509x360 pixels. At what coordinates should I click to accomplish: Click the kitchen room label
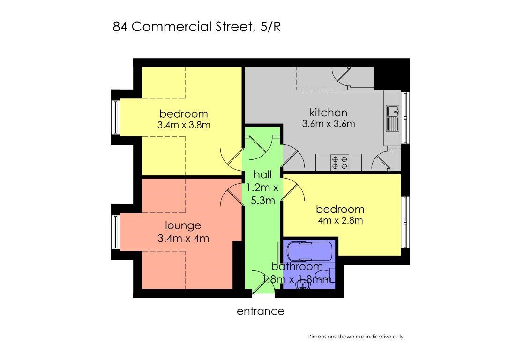click(x=329, y=112)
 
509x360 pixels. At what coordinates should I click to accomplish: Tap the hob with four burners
click(x=339, y=163)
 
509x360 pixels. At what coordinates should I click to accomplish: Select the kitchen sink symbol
click(x=393, y=119)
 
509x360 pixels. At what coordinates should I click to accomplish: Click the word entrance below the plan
click(x=261, y=311)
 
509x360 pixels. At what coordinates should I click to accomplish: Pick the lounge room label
click(x=183, y=225)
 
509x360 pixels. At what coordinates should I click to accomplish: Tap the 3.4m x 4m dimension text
click(x=183, y=238)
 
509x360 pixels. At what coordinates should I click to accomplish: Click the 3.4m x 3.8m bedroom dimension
click(x=184, y=125)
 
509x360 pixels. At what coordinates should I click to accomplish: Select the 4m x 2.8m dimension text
click(x=340, y=220)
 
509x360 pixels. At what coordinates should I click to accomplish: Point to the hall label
click(x=262, y=175)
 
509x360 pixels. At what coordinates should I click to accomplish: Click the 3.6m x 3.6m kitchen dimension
click(x=329, y=124)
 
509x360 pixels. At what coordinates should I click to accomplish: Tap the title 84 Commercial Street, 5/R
click(x=197, y=27)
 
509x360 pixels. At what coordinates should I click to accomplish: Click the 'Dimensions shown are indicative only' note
click(x=355, y=337)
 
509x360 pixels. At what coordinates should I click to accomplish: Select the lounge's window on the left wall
click(x=116, y=232)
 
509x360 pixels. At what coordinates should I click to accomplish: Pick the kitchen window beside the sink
click(x=405, y=118)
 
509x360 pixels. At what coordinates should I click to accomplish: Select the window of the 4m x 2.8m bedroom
click(x=405, y=222)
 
